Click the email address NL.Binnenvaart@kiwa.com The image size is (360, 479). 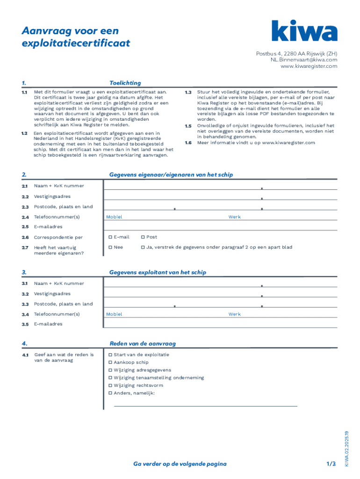(x=303, y=60)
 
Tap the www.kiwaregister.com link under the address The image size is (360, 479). (x=309, y=66)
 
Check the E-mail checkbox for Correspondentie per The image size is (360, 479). (x=110, y=237)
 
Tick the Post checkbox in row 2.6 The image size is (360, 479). (x=143, y=237)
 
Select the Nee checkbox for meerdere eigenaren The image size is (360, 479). (x=110, y=247)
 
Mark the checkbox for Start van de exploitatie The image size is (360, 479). (x=110, y=355)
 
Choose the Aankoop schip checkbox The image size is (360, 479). (x=110, y=363)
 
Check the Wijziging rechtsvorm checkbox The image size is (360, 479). (x=110, y=385)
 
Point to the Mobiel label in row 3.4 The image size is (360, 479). (x=114, y=314)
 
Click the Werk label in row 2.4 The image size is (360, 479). (x=234, y=217)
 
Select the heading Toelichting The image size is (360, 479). (x=125, y=83)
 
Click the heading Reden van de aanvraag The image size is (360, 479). (x=142, y=344)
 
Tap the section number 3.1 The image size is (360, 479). (x=25, y=283)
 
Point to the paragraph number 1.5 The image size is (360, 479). (x=188, y=126)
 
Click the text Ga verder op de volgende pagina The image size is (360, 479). (x=180, y=464)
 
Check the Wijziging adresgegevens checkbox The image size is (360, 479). (x=110, y=370)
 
